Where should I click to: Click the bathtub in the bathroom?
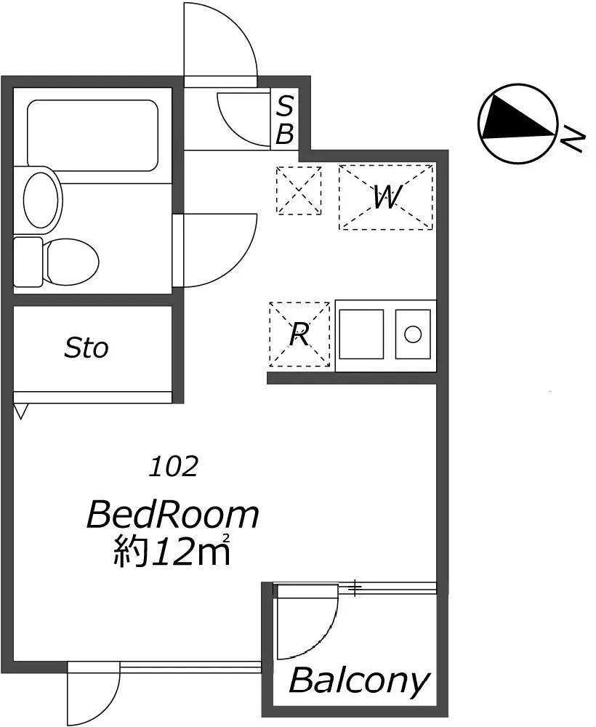pos(93,135)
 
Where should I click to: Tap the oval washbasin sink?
pos(42,200)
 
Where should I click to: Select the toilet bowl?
pos(71,261)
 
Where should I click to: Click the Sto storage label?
pos(86,348)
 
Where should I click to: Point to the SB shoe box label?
pos(285,120)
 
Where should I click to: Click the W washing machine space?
pos(386,197)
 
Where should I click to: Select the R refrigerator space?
pos(299,334)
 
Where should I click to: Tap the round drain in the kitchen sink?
pos(412,334)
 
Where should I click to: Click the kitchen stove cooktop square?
pos(361,334)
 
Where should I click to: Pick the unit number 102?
pos(173,467)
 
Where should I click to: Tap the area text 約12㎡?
pos(172,550)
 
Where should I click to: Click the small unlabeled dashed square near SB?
pos(299,190)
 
